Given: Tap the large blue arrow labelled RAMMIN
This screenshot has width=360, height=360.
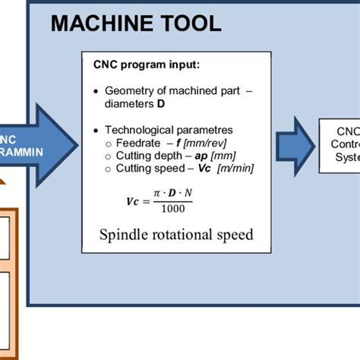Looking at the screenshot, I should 38,143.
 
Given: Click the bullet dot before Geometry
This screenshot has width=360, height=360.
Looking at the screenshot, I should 95,91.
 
